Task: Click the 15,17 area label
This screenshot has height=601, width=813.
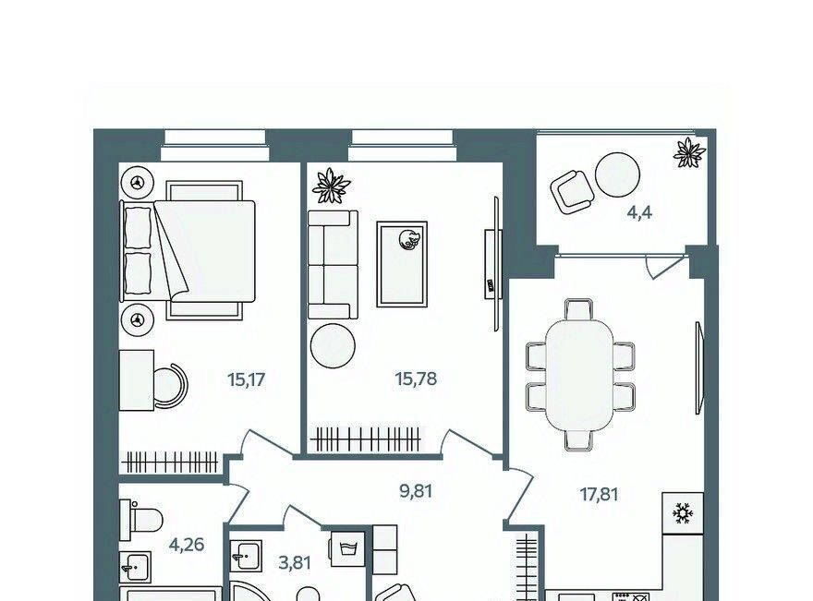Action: tap(247, 380)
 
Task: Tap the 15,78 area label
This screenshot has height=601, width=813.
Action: tap(416, 379)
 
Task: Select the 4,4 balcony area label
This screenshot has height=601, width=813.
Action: tap(640, 213)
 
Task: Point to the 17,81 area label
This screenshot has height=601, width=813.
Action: tap(599, 495)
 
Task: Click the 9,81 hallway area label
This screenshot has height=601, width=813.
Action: tap(416, 491)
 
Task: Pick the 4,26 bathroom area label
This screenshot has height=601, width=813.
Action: tap(187, 545)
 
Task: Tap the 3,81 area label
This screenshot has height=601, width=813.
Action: tap(295, 562)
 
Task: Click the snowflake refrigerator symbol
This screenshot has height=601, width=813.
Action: tap(683, 513)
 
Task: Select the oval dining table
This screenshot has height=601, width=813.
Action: tap(580, 375)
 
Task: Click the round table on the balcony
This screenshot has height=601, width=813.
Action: tap(617, 174)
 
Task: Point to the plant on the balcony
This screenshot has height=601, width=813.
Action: tap(689, 153)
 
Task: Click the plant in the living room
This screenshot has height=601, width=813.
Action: tap(331, 186)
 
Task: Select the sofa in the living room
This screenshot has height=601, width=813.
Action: tap(333, 264)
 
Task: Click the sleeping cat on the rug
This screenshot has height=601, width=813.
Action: tap(408, 240)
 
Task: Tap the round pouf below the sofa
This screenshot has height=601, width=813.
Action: tap(333, 346)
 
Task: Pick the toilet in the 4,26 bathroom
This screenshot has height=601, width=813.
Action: tap(140, 520)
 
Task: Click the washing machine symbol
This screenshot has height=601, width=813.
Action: tap(346, 547)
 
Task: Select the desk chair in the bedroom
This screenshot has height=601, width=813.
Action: tap(172, 386)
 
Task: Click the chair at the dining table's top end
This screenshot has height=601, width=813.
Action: tap(578, 309)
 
